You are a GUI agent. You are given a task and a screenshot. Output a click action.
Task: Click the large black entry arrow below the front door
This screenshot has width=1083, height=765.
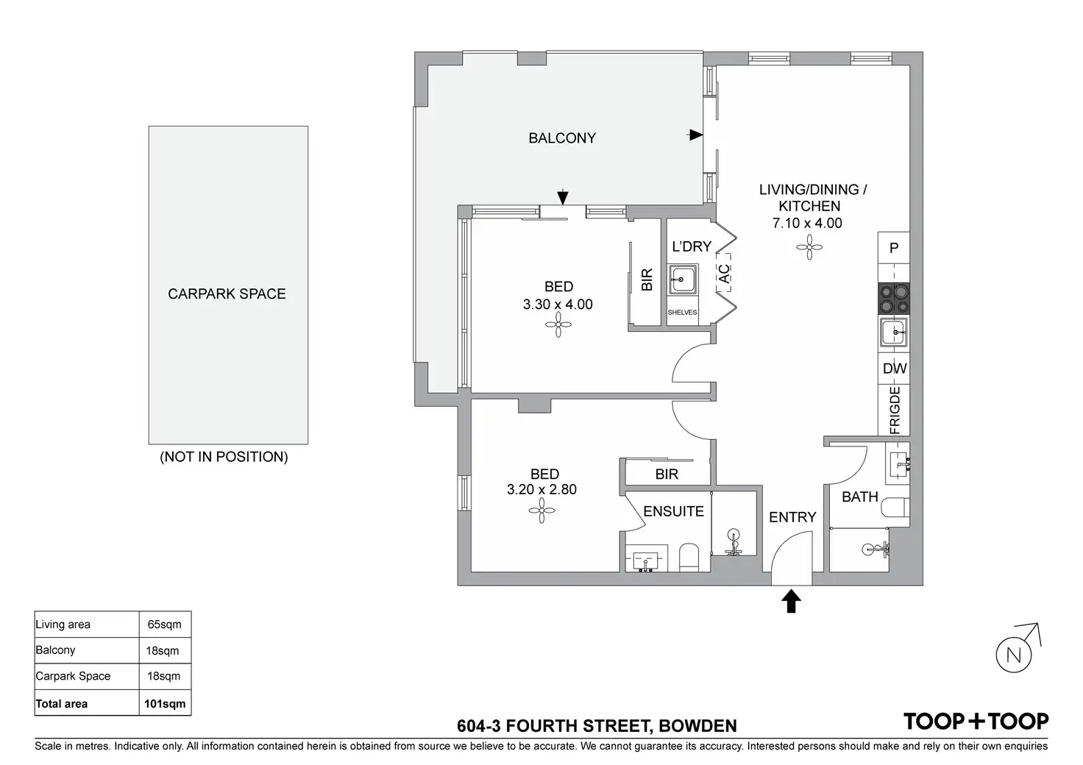791,601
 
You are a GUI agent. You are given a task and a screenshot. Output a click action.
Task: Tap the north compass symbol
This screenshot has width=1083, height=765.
1013,655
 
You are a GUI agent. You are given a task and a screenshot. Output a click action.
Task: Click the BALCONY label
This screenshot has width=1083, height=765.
562,138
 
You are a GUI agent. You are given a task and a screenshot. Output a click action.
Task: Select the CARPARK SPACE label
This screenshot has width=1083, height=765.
227,294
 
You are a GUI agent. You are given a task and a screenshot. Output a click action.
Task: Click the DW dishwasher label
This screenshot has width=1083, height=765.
895,369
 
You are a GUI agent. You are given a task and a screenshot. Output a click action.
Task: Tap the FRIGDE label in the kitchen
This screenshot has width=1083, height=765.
895,410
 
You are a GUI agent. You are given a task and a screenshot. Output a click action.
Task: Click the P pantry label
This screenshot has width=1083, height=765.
894,249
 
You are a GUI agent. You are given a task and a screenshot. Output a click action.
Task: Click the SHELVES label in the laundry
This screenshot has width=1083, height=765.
682,313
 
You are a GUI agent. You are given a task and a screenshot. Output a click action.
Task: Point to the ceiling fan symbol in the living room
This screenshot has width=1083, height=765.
809,248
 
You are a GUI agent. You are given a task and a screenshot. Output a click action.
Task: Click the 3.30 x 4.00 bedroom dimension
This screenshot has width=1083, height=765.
558,305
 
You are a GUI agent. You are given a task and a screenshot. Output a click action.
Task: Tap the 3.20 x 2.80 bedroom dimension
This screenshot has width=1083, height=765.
541,489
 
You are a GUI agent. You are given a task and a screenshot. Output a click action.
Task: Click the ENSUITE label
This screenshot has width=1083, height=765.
673,511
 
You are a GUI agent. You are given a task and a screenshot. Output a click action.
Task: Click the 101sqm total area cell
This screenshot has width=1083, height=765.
165,703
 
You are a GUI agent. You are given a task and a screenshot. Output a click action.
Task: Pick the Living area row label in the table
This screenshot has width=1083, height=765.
63,625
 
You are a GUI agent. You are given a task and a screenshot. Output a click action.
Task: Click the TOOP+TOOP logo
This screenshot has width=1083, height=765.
976,722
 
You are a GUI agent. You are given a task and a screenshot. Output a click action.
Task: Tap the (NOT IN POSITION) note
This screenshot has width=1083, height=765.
224,457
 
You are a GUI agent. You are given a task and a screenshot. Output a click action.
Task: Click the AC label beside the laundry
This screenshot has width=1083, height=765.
724,274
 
